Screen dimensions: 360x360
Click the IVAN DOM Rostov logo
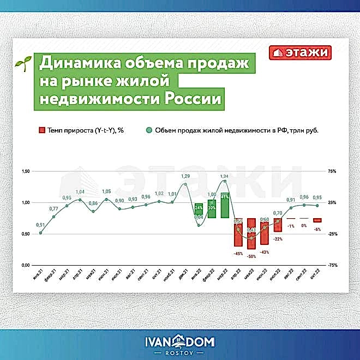pyautogui.click(x=179, y=345)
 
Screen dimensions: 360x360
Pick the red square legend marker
pyautogui.click(x=41, y=131)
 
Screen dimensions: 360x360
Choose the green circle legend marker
pyautogui.click(x=148, y=131)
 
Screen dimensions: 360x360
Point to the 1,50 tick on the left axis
pyautogui.click(x=25, y=171)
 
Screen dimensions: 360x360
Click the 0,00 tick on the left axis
pyautogui.click(x=25, y=265)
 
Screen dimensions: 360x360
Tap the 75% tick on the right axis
pyautogui.click(x=333, y=171)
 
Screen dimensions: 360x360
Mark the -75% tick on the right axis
pyautogui.click(x=332, y=265)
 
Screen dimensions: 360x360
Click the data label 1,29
pyautogui.click(x=185, y=176)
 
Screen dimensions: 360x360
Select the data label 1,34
pyautogui.click(x=225, y=176)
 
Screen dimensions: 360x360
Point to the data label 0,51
pyautogui.click(x=40, y=225)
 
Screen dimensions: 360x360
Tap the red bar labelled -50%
pyautogui.click(x=251, y=233)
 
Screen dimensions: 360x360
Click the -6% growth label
pyautogui.click(x=317, y=230)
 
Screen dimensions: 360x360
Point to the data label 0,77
pyautogui.click(x=53, y=208)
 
